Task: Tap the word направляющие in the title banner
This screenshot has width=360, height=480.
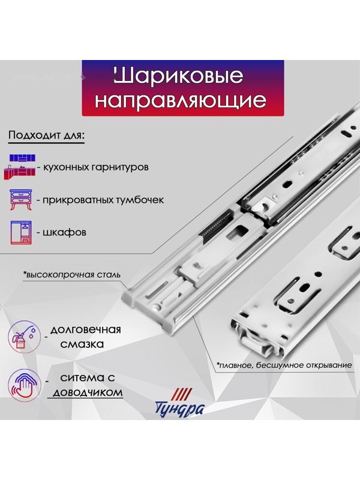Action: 181,100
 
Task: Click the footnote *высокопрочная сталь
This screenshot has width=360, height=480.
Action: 72,275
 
